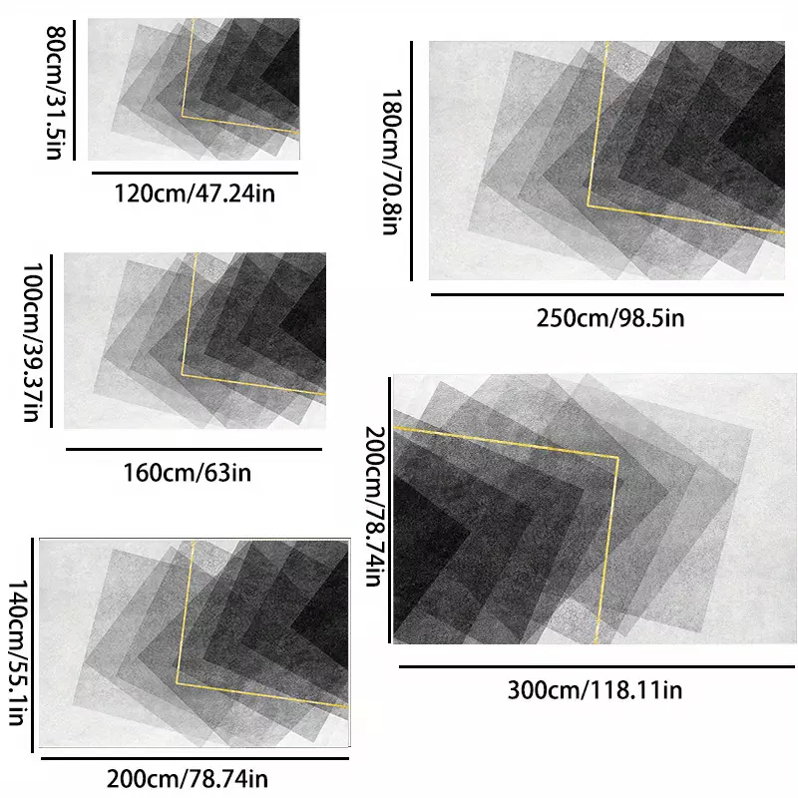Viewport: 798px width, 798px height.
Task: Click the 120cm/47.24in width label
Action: coord(195,194)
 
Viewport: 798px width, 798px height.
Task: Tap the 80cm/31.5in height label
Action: coord(56,93)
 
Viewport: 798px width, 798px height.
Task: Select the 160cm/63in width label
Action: coord(188,473)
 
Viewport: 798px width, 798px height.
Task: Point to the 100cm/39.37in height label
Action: coord(32,342)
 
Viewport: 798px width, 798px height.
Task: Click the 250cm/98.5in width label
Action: coord(610,318)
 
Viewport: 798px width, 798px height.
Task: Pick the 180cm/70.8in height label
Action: coord(392,163)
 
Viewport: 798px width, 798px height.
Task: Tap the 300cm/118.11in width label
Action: coord(595,690)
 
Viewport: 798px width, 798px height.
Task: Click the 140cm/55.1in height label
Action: coord(16,653)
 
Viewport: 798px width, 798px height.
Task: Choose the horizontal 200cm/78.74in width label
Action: coord(187,779)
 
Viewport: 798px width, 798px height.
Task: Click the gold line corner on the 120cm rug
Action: coord(183,117)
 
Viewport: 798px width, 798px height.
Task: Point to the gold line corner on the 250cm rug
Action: coord(588,205)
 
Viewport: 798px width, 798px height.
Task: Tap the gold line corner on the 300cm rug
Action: coord(617,458)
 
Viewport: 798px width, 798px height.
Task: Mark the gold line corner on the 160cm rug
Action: coord(182,375)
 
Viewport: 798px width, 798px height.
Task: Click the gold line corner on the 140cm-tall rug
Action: coord(177,683)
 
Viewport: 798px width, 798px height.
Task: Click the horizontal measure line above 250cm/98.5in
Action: coord(607,294)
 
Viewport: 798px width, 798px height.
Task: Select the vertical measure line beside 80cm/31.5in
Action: coord(74,90)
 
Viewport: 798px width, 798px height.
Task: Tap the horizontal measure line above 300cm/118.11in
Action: coord(597,666)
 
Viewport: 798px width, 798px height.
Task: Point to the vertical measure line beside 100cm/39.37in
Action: coord(52,341)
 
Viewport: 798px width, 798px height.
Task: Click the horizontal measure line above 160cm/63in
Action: coord(194,450)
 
